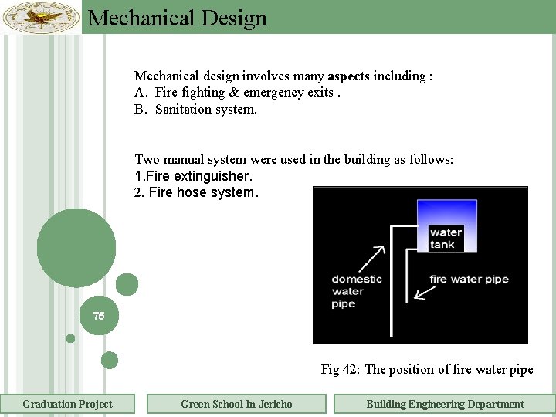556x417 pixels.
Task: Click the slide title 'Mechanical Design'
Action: click(178, 18)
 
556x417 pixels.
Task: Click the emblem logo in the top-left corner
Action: click(41, 16)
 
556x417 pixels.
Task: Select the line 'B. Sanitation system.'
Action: click(196, 109)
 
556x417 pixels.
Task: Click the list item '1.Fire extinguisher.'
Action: click(193, 176)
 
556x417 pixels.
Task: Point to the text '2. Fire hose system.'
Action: click(196, 192)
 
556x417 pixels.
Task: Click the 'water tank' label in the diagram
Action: click(446, 238)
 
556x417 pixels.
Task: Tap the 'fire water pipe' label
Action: click(469, 279)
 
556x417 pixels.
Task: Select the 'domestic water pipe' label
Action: click(357, 291)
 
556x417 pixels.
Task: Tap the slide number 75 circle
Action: click(99, 316)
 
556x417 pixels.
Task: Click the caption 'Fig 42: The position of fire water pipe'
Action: click(427, 369)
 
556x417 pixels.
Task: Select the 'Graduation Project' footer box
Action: click(67, 404)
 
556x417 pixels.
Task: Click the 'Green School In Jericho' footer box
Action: click(236, 404)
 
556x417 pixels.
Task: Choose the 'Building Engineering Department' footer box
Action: click(445, 404)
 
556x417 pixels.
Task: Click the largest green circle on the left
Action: click(76, 248)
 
